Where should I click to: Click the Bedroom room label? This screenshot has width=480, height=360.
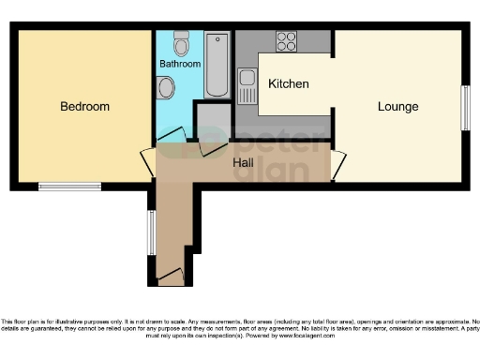click(x=84, y=107)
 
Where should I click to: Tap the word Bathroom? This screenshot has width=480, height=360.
click(x=179, y=65)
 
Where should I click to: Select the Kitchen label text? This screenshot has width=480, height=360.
click(x=288, y=84)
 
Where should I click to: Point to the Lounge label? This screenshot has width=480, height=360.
click(x=397, y=106)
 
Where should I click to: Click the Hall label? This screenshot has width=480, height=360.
click(x=243, y=162)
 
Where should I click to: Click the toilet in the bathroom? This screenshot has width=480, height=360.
click(x=182, y=43)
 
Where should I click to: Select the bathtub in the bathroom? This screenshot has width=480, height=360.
click(x=217, y=65)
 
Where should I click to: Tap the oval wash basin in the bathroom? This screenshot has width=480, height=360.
click(x=166, y=88)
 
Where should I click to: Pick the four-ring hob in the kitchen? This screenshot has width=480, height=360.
click(x=286, y=41)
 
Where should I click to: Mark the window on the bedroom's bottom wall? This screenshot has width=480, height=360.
click(x=70, y=186)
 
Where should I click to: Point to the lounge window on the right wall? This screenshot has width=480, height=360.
click(x=464, y=109)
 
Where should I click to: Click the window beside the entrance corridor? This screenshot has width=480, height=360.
click(x=151, y=232)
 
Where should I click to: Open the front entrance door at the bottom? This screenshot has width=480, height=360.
click(x=171, y=277)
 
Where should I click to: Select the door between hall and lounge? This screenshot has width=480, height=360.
click(x=338, y=165)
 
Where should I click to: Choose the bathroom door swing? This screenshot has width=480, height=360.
click(x=173, y=142)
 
